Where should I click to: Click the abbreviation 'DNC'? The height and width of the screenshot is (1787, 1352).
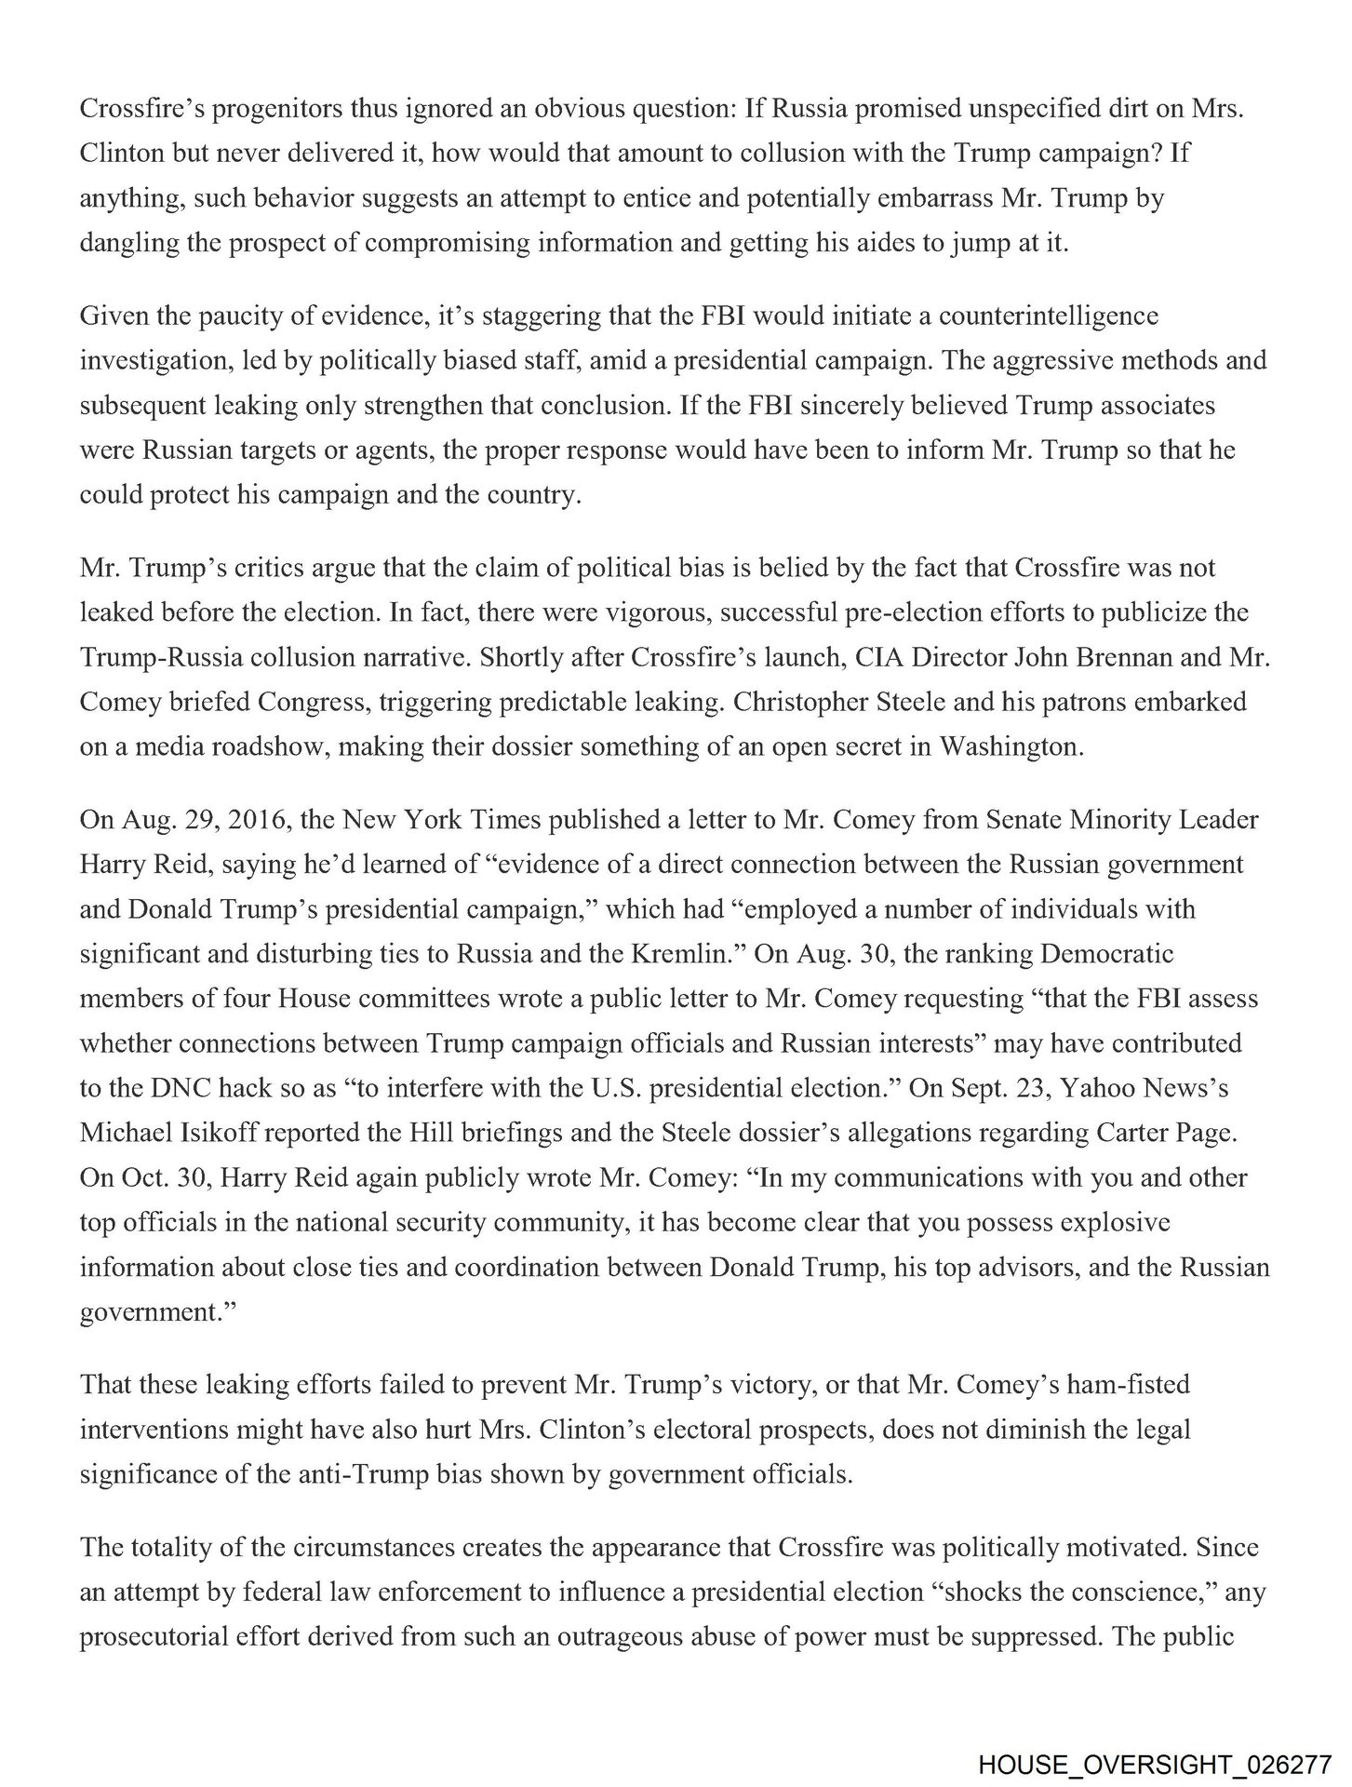tap(187, 1088)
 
